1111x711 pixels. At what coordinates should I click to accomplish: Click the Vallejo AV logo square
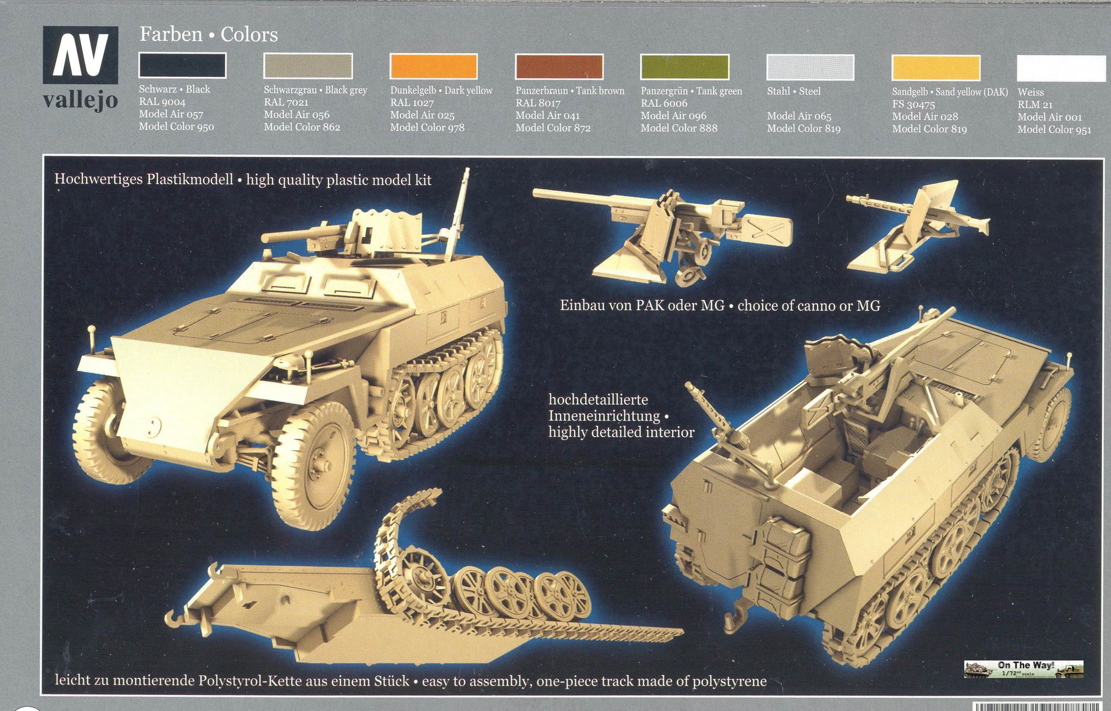click(80, 55)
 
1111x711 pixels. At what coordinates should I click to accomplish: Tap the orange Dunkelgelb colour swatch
click(433, 66)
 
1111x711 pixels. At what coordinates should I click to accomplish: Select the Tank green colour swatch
click(684, 67)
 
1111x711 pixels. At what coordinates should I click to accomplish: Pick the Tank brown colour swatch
click(559, 67)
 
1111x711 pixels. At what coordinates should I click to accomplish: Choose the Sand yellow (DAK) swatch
click(936, 68)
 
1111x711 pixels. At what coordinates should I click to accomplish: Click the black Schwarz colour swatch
click(183, 65)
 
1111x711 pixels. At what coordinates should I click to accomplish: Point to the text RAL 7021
click(286, 102)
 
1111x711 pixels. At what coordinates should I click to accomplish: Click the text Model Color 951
click(1054, 130)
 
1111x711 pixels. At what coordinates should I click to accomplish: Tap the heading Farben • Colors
click(209, 35)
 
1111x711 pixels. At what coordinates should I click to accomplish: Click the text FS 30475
click(913, 104)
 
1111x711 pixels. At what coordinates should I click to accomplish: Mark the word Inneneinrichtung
click(604, 416)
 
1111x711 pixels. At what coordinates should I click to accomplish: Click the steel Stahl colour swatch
click(810, 68)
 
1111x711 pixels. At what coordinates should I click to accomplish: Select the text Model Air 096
click(674, 115)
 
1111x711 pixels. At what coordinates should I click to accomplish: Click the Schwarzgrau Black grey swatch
click(308, 66)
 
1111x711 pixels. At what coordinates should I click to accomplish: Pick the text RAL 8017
click(538, 103)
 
